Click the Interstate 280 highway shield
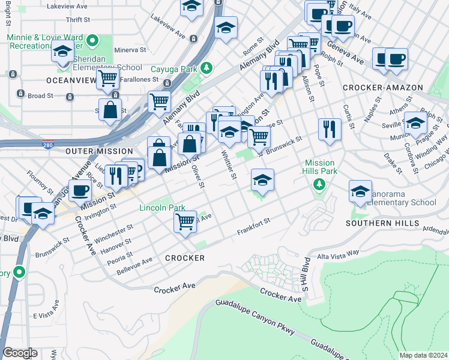coord(48,145)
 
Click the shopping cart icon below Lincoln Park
coord(185,221)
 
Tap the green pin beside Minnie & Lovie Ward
coord(92,41)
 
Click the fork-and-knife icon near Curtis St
coord(329,129)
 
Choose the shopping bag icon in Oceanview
coord(110,109)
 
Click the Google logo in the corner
coord(20,352)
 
